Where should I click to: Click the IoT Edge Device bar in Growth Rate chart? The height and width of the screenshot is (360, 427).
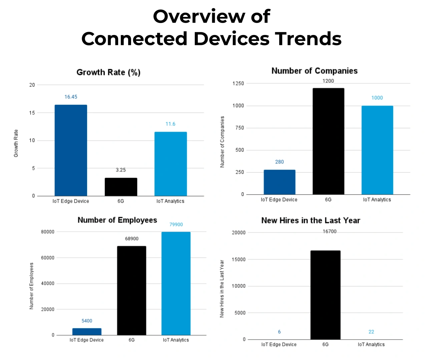(x=71, y=150)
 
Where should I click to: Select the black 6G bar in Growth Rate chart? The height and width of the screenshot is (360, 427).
(x=121, y=187)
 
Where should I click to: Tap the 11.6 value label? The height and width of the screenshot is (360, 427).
(x=170, y=124)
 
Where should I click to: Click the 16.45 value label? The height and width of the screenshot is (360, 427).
(x=71, y=97)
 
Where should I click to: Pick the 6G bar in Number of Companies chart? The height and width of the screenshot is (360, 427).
(x=328, y=141)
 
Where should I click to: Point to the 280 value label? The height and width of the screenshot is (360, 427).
(x=280, y=162)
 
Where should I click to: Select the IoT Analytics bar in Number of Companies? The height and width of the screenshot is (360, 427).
(x=377, y=150)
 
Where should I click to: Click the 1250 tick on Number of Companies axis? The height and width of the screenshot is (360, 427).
(x=238, y=83)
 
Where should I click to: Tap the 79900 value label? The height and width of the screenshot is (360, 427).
(x=176, y=225)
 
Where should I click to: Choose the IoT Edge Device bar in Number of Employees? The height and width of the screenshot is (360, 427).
(x=87, y=332)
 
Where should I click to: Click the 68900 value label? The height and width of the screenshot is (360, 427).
(x=132, y=239)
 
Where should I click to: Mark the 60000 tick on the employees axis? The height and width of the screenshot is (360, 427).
(x=48, y=258)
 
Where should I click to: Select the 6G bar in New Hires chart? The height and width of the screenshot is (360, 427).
(x=325, y=295)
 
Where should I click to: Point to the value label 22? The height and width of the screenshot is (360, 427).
(x=371, y=332)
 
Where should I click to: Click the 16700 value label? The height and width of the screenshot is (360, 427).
(x=330, y=232)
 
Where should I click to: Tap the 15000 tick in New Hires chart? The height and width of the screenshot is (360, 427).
(x=239, y=259)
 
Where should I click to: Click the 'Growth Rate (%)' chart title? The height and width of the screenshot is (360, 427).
(x=108, y=72)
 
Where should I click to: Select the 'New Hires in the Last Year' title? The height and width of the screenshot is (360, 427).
(x=311, y=221)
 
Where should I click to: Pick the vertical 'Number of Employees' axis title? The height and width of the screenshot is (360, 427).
(x=32, y=286)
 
